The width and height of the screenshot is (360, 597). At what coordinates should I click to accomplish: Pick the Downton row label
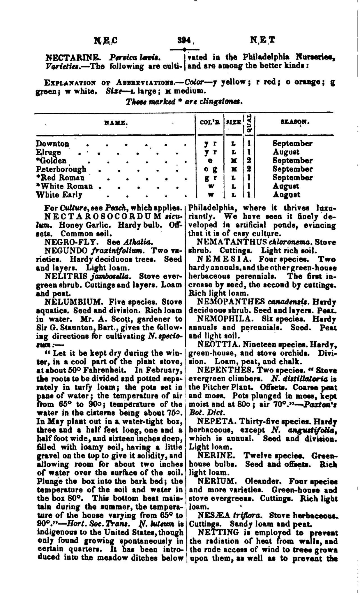coord(53,144)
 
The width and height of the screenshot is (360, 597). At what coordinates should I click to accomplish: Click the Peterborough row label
coord(61,169)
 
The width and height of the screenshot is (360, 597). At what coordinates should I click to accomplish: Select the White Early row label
coord(59,194)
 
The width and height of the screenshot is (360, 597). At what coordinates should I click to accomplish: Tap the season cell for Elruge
coord(286,152)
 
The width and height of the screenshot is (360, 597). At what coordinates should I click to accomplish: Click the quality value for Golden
coord(249,161)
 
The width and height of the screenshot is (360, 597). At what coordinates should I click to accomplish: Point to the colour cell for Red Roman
coord(211,178)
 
